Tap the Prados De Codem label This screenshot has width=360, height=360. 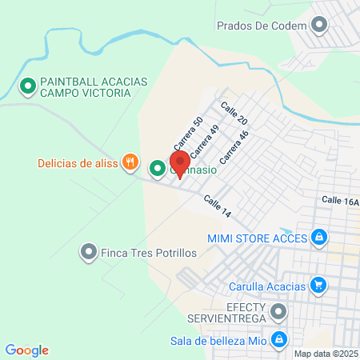point(262,26)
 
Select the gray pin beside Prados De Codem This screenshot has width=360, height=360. point(319,26)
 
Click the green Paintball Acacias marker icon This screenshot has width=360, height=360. point(27,84)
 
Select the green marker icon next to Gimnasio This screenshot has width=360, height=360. point(157,168)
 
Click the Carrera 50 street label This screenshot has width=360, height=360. point(183,135)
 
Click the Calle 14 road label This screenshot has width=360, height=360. point(217,206)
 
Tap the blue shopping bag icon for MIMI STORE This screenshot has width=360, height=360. point(319,237)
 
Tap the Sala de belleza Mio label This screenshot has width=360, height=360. point(218,340)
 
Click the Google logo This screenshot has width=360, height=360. point(27,350)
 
